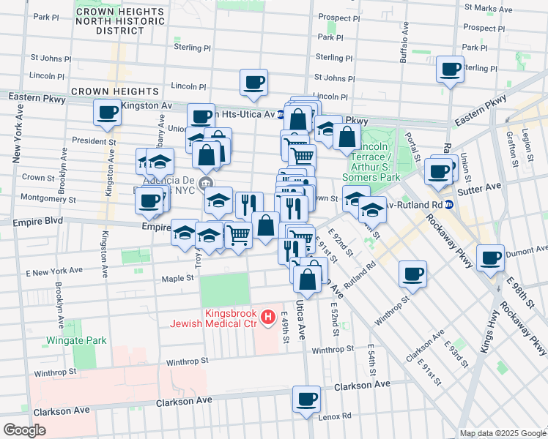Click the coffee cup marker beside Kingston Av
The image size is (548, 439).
(x=108, y=113)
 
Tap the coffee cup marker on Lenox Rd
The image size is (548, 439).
(x=307, y=399)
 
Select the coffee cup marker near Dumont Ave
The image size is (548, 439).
(x=490, y=258)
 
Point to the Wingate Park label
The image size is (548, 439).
(x=76, y=340)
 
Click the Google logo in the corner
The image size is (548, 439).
(x=24, y=430)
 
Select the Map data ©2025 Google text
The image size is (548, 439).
(x=501, y=433)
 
